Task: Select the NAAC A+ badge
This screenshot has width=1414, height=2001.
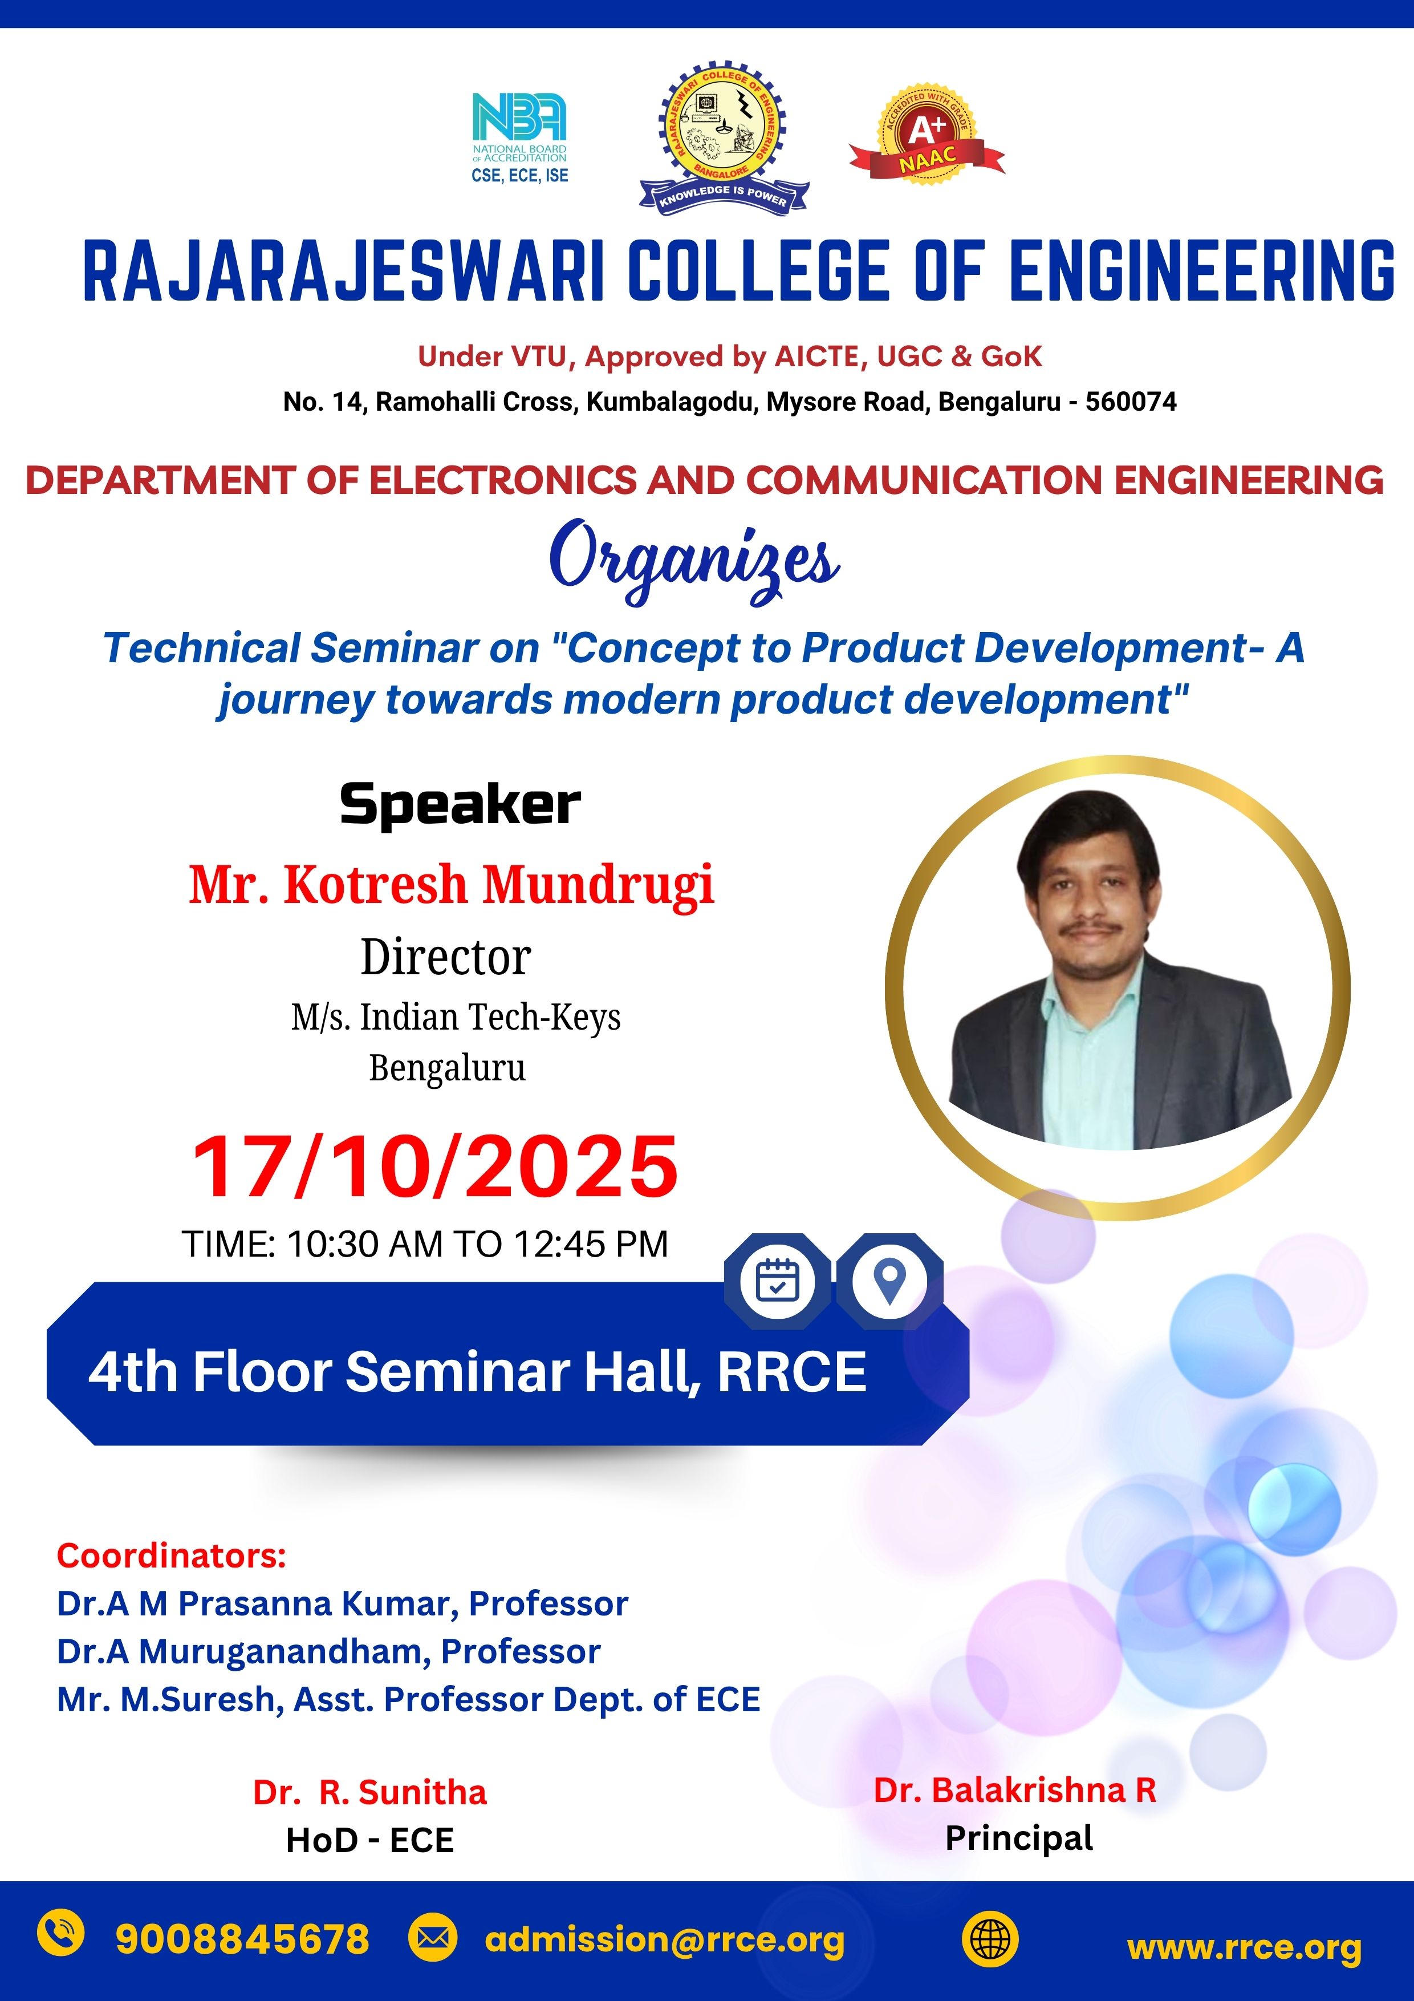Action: pyautogui.click(x=927, y=136)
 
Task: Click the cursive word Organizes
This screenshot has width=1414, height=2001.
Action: pyautogui.click(x=694, y=560)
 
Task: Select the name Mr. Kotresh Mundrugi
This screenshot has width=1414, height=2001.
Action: pyautogui.click(x=452, y=885)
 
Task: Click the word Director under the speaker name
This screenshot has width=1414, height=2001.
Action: pyautogui.click(x=446, y=958)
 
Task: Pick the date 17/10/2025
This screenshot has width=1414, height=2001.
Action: pyautogui.click(x=434, y=1167)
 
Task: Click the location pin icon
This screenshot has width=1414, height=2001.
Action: pyautogui.click(x=889, y=1281)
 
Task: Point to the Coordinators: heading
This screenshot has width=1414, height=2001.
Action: pyautogui.click(x=172, y=1556)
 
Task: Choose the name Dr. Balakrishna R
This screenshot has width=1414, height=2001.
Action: pyautogui.click(x=1015, y=1790)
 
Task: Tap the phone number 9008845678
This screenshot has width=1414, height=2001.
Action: pyautogui.click(x=242, y=1940)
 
